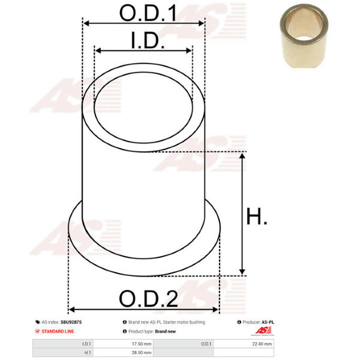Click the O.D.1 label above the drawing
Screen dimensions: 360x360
pyautogui.click(x=148, y=13)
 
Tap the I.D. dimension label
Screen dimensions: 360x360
pyautogui.click(x=148, y=40)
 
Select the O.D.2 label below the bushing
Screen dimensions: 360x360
pyautogui.click(x=148, y=298)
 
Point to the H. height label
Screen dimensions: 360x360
pyautogui.click(x=257, y=216)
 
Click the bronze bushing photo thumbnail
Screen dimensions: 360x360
pyautogui.click(x=304, y=36)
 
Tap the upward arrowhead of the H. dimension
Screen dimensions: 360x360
pyautogui.click(x=242, y=156)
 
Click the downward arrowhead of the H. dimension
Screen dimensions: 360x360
pyautogui.click(x=242, y=271)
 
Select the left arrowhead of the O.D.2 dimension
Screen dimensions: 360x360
pyautogui.click(x=72, y=310)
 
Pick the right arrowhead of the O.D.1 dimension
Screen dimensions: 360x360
pyautogui.click(x=201, y=23)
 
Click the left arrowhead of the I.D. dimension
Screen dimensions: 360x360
pyautogui.click(x=98, y=50)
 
